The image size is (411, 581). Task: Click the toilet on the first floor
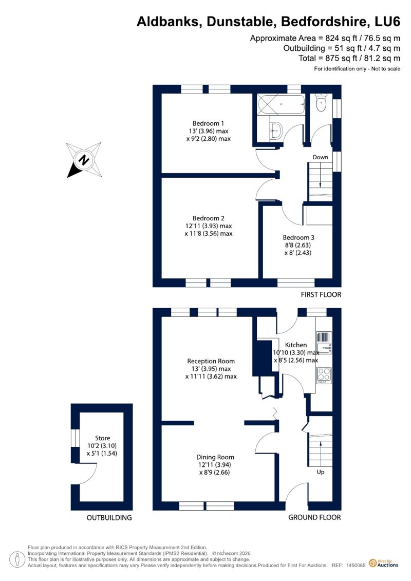(321, 102)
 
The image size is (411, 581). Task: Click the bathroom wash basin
(276, 130)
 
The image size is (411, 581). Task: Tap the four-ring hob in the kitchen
(324, 376)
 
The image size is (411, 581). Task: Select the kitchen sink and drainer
(324, 343)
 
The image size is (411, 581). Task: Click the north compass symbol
(84, 160)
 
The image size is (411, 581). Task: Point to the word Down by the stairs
(320, 157)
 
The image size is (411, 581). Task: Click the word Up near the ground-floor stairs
(321, 472)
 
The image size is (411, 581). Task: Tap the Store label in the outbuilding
(102, 438)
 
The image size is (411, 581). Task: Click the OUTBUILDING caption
(109, 518)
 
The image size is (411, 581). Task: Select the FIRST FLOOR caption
(321, 294)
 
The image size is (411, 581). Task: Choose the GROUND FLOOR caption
(314, 517)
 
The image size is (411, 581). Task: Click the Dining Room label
(215, 457)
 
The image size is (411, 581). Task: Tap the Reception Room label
(211, 361)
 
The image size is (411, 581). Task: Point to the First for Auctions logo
(384, 564)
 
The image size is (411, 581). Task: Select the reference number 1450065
(356, 566)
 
